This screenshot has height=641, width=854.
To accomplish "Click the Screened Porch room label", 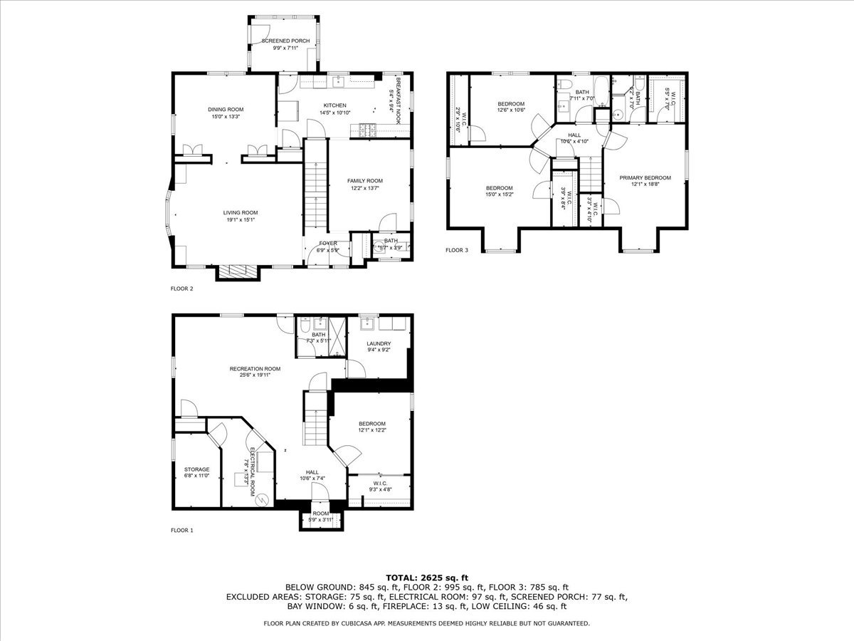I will pyautogui.click(x=285, y=41).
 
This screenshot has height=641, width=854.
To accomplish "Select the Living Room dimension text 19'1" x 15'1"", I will pyautogui.click(x=241, y=220).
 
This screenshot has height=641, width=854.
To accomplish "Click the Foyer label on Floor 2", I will pyautogui.click(x=328, y=244).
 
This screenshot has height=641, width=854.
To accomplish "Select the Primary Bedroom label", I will pyautogui.click(x=645, y=177).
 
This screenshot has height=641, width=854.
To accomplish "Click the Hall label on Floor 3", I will pyautogui.click(x=574, y=135).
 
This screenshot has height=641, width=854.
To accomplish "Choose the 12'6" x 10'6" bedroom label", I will pyautogui.click(x=511, y=104).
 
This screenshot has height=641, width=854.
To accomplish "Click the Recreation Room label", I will pyautogui.click(x=255, y=368).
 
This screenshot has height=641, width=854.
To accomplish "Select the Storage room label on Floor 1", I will pyautogui.click(x=197, y=469).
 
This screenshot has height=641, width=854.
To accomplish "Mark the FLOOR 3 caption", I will pyautogui.click(x=457, y=250).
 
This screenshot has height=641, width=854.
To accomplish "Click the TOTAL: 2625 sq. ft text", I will pyautogui.click(x=427, y=578).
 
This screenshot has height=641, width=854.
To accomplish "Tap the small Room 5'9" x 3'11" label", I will pyautogui.click(x=320, y=513).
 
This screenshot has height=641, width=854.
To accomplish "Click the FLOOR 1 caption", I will pyautogui.click(x=181, y=530).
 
